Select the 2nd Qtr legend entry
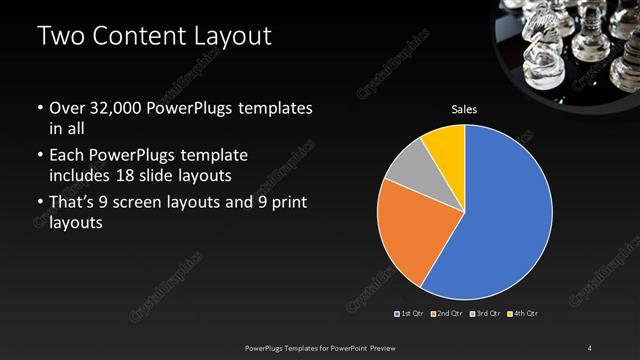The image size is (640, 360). tap(445, 314)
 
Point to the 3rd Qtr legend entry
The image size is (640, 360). tap(484, 314)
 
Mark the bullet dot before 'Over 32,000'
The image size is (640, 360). tap(40, 108)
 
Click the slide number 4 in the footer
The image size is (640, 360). tap(589, 347)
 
